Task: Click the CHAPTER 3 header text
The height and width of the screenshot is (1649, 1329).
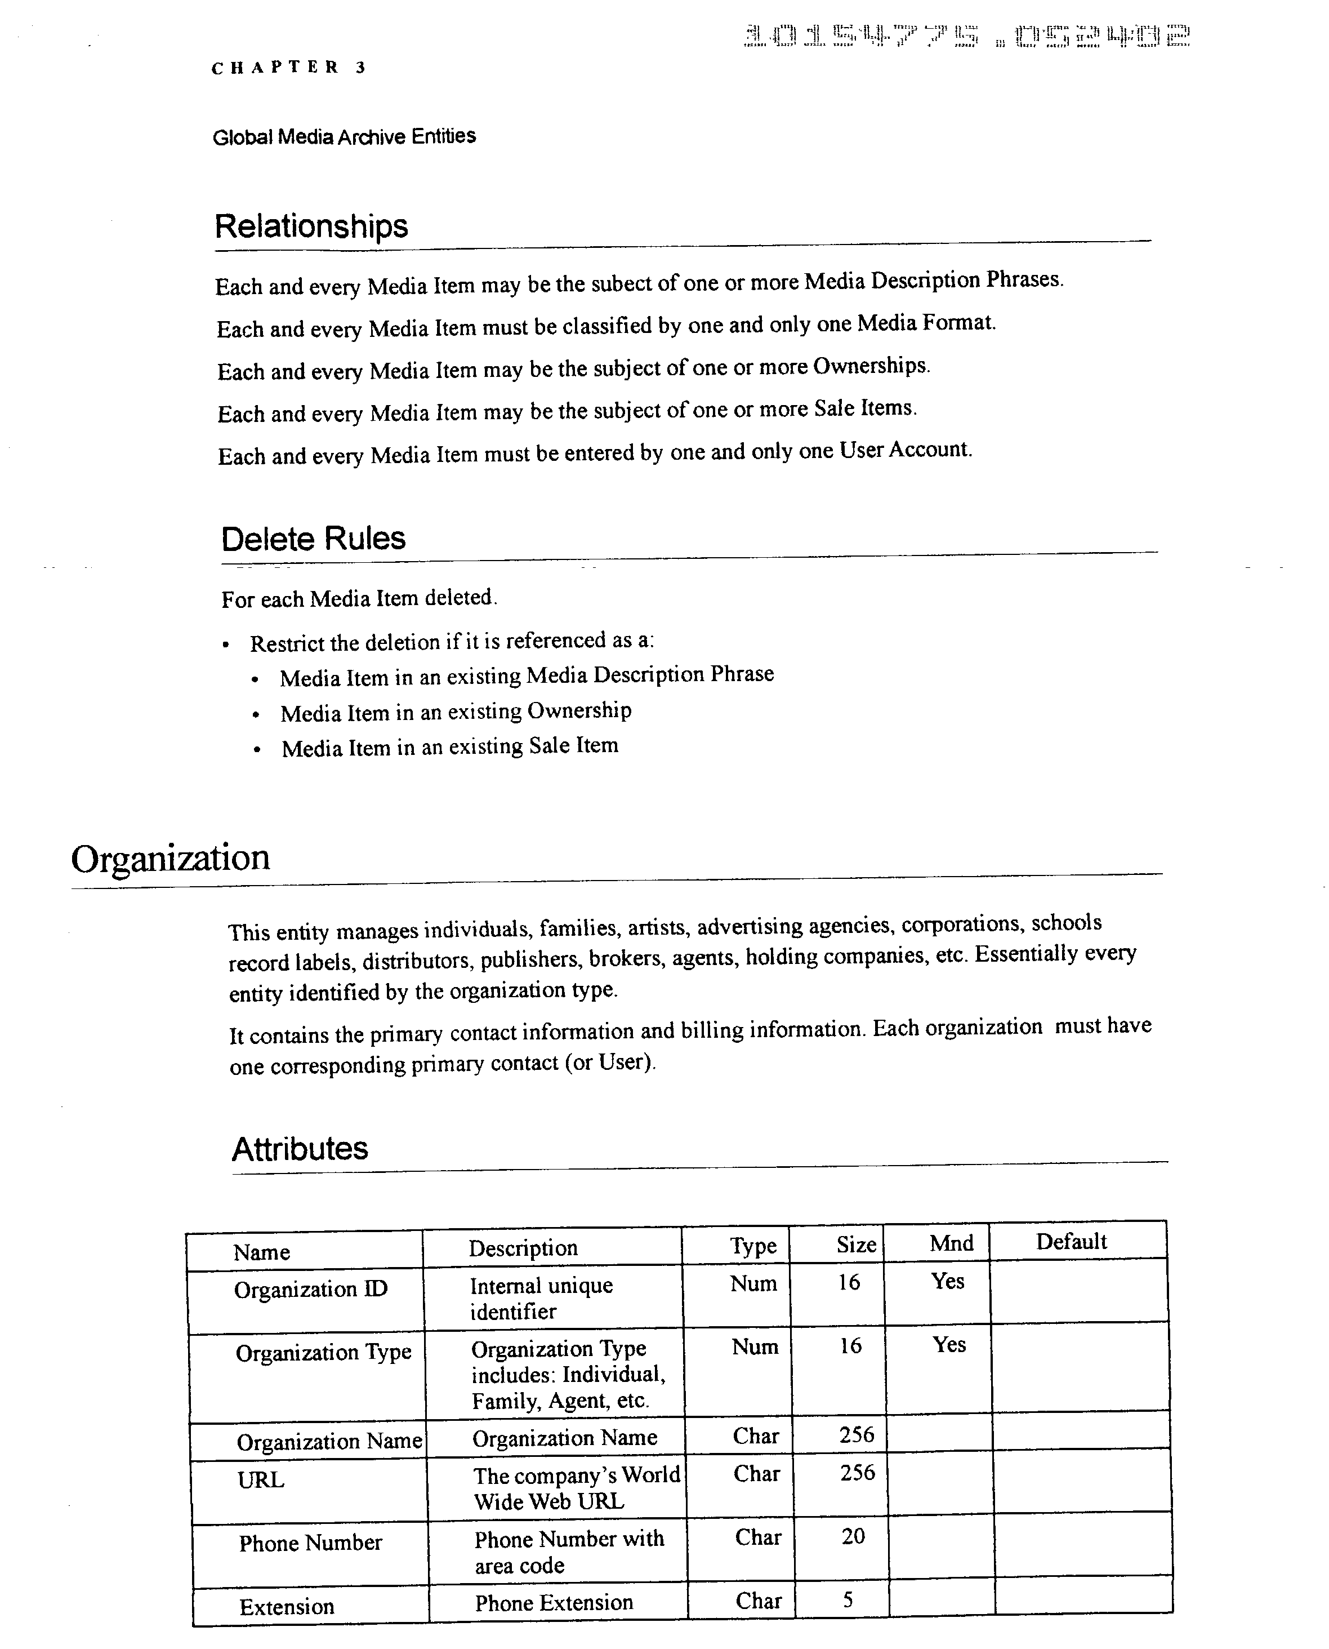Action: [x=289, y=68]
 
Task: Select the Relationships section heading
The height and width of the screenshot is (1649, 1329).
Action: [x=311, y=226]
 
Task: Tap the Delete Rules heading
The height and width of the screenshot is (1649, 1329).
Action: [x=313, y=539]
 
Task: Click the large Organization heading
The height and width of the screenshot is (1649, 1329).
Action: [x=170, y=858]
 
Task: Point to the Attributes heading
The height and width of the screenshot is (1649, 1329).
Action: [x=300, y=1149]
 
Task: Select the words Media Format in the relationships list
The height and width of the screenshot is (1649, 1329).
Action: [x=926, y=323]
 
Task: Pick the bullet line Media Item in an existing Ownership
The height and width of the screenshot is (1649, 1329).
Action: [x=456, y=712]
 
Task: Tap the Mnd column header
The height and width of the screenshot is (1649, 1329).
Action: [x=951, y=1242]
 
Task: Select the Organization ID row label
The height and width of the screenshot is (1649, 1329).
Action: [x=311, y=1289]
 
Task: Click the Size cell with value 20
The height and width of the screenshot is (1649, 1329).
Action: [x=853, y=1536]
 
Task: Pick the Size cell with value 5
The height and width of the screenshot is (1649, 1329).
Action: [x=848, y=1599]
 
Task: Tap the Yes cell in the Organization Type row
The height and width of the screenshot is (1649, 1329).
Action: [x=948, y=1344]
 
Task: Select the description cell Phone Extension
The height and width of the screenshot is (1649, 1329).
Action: [x=554, y=1602]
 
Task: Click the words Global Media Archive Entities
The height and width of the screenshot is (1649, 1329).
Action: [x=344, y=136]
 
